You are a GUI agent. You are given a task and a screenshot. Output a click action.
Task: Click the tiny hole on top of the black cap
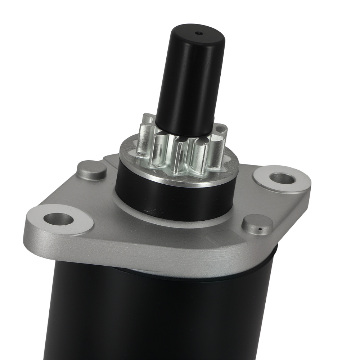coord(198,33)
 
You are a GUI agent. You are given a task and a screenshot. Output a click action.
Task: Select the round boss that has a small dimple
coord(257,224)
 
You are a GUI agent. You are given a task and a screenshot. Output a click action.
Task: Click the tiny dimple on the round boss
coord(260,228)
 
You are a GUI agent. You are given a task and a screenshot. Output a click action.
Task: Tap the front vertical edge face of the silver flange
coord(144,252)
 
